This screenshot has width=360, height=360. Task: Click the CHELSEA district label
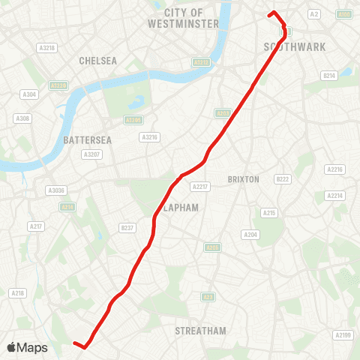coord(98,61)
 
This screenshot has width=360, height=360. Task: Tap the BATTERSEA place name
coord(88,140)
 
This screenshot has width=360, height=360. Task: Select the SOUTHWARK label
coord(295,46)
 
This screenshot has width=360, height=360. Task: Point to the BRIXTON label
coord(243,179)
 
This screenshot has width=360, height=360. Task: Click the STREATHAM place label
coord(200,331)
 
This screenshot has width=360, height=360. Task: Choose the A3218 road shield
coord(47,47)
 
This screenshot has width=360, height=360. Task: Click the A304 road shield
coord(30,94)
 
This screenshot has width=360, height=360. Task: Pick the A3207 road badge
coord(91,154)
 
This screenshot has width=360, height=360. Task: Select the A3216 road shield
coord(149,136)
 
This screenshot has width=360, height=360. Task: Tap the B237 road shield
coord(127,228)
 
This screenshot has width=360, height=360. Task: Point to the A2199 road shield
coord(343,334)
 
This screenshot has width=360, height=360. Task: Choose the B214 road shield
coord(328,75)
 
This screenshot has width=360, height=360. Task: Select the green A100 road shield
coord(344,14)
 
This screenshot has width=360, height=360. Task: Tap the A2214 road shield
coord(334,195)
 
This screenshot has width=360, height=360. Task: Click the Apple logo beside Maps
coord(12,347)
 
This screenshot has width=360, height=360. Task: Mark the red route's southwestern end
coord(74,343)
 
